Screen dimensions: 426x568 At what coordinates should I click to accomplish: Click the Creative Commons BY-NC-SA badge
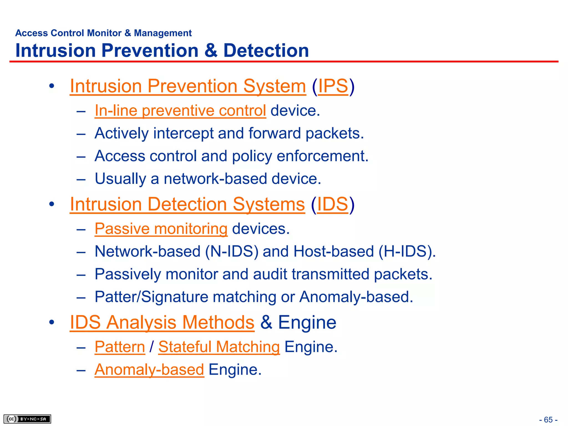[x=27, y=419]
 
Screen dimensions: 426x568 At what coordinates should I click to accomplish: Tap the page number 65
[x=548, y=420]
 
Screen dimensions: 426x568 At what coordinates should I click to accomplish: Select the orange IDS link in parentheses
[x=332, y=204]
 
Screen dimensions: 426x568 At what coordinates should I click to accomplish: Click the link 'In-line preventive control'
[x=180, y=111]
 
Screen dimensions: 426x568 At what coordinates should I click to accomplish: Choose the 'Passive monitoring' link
[x=161, y=229]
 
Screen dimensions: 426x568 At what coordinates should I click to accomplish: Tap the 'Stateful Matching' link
[x=219, y=347]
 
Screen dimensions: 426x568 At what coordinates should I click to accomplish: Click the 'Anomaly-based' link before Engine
[x=149, y=370]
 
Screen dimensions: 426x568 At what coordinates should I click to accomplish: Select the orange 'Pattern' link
[x=120, y=347]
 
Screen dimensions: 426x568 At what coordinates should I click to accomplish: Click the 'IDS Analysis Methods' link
[x=162, y=322]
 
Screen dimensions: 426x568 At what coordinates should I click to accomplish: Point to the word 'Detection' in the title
[x=266, y=50]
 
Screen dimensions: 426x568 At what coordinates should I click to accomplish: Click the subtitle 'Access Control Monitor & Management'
[x=103, y=33]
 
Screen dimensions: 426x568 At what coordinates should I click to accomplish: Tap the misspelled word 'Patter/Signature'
[x=151, y=297]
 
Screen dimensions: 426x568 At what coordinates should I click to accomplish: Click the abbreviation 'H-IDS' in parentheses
[x=405, y=251]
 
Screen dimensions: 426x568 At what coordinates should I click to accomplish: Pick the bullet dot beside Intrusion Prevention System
[x=52, y=86]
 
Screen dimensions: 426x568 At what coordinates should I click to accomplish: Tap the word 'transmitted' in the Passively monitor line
[x=330, y=274]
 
